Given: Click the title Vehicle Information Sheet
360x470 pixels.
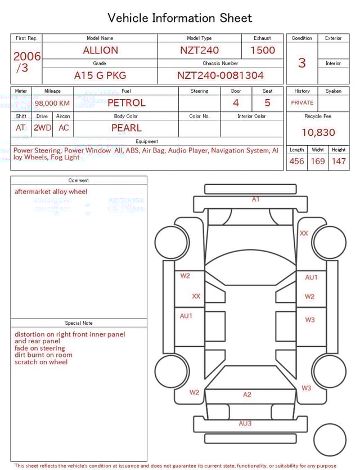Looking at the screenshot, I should pyautogui.click(x=180, y=18).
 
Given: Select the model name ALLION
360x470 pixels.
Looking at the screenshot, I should pyautogui.click(x=100, y=50).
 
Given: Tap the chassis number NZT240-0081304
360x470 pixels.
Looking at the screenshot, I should pyautogui.click(x=220, y=75).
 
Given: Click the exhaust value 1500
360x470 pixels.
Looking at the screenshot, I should pyautogui.click(x=263, y=50).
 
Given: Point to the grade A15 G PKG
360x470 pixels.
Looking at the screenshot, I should pyautogui.click(x=100, y=75).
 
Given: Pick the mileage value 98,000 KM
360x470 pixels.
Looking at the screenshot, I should pyautogui.click(x=52, y=104).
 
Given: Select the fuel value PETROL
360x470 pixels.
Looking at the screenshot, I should pyautogui.click(x=126, y=103).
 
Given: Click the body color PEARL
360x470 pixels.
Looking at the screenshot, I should pyautogui.click(x=126, y=128).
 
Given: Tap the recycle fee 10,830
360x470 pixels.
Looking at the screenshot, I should pyautogui.click(x=318, y=133).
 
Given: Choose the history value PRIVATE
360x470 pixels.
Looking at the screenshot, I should pyautogui.click(x=302, y=103).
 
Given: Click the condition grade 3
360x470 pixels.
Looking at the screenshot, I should pyautogui.click(x=302, y=62).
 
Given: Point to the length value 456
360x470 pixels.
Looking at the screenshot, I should pyautogui.click(x=296, y=162).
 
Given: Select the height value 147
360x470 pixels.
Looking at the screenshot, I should pyautogui.click(x=339, y=162).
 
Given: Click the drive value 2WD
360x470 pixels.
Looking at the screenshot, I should pyautogui.click(x=42, y=128).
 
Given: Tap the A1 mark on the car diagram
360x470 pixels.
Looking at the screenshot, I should pyautogui.click(x=256, y=199).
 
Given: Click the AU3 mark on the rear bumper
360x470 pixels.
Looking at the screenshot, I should pyautogui.click(x=245, y=423).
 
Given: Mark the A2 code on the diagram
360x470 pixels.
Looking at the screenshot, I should pyautogui.click(x=247, y=395).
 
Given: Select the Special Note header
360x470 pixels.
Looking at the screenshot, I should pyautogui.click(x=79, y=323).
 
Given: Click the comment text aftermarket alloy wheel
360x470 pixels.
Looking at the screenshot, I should pyautogui.click(x=51, y=192).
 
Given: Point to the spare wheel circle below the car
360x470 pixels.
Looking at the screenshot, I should pyautogui.click(x=330, y=440).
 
